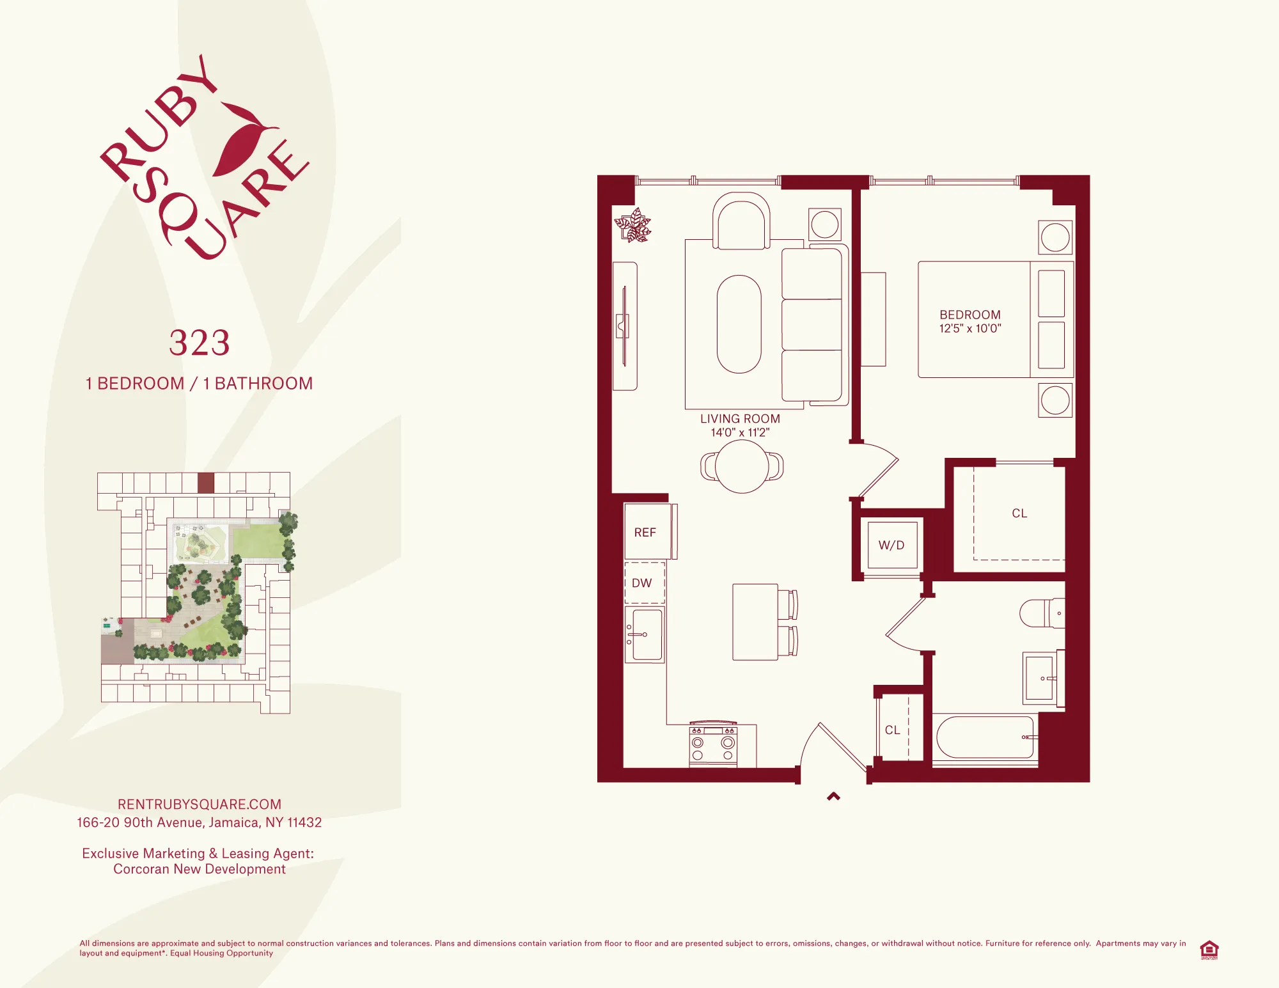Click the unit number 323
tap(199, 343)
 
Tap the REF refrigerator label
tap(645, 533)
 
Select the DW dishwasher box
tap(644, 583)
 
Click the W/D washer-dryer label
tap(891, 545)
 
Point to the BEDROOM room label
tap(969, 315)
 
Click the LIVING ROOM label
tap(740, 419)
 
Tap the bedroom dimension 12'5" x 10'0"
tap(969, 329)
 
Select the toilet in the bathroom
tap(1041, 613)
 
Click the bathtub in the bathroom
tap(984, 737)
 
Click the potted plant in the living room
tap(633, 226)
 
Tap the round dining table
tap(741, 467)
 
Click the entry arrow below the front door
tap(833, 797)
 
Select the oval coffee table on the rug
tap(739, 324)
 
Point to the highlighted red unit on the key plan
tap(205, 483)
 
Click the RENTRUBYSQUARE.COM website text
tap(199, 804)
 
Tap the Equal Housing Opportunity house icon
tap(1209, 950)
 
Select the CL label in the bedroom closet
tap(1019, 514)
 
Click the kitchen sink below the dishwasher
tap(645, 634)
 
